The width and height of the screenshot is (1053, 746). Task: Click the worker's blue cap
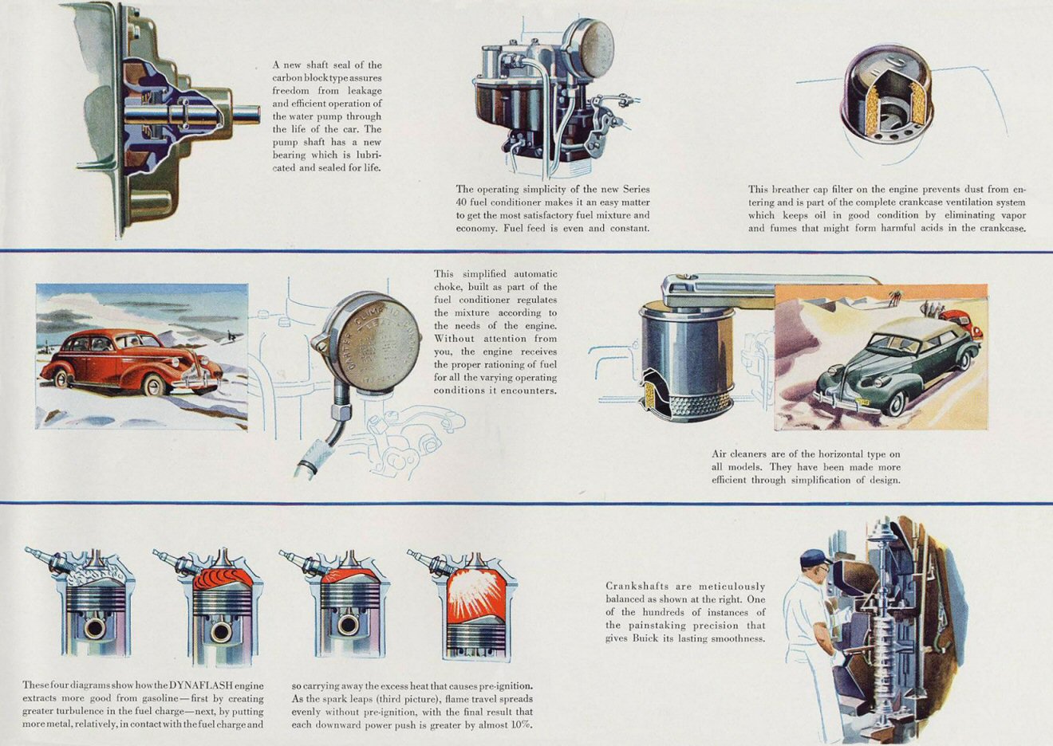[814, 558]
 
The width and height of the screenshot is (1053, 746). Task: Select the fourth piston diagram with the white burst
[475, 606]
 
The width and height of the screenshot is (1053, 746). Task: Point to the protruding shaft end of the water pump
[246, 115]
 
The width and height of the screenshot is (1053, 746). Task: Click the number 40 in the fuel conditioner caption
[462, 202]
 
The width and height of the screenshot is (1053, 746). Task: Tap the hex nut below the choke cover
[341, 413]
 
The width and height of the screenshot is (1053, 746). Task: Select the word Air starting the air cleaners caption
[720, 454]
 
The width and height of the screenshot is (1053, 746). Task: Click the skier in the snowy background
[231, 336]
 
